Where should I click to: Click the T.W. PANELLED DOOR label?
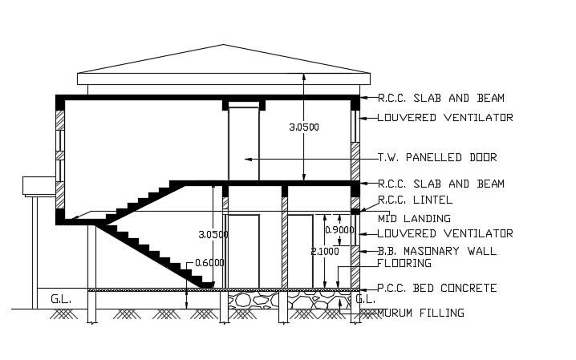437,157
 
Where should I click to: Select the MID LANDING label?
414,218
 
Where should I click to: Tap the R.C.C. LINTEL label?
415,200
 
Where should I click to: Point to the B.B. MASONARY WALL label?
437,251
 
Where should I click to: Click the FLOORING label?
404,263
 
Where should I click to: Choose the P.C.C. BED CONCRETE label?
437,288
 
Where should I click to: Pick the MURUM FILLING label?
420,313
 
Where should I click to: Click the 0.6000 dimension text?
209,262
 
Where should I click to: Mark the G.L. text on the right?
365,299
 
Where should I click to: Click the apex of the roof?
224,45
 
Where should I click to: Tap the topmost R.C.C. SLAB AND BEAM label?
440,98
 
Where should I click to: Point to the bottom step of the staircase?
206,284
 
